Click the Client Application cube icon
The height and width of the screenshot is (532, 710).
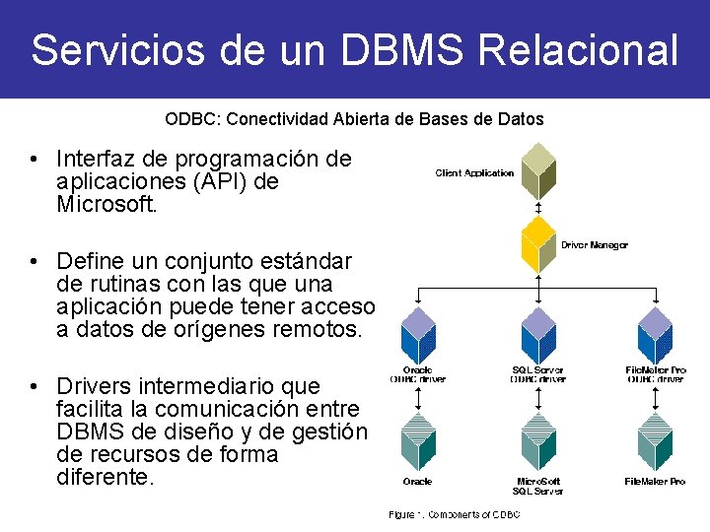[538, 171]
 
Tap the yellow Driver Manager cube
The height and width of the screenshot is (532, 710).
[538, 244]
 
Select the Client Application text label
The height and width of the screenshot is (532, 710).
[474, 173]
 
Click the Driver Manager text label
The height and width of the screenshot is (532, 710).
[594, 244]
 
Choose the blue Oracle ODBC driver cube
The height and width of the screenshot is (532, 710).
[419, 335]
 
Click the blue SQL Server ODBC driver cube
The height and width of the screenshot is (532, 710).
[538, 335]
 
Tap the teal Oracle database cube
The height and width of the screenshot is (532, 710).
[419, 441]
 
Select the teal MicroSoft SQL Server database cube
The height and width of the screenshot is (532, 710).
[538, 441]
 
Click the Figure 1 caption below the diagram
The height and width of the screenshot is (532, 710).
[454, 514]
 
